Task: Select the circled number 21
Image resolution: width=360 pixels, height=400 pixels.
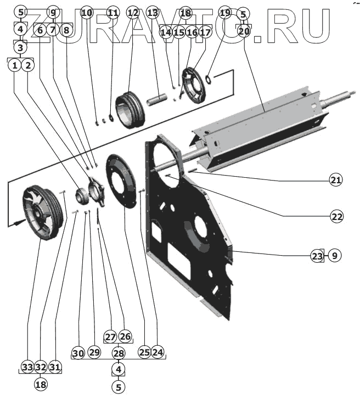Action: click(x=336, y=180)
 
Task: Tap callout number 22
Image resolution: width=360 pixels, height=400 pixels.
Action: click(x=336, y=216)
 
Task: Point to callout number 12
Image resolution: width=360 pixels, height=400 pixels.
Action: click(x=133, y=12)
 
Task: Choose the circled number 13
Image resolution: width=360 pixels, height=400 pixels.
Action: click(x=153, y=12)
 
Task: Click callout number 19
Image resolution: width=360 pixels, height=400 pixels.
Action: click(x=224, y=12)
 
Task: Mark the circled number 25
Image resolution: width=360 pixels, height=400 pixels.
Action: click(x=144, y=351)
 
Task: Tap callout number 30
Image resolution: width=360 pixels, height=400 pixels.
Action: click(x=78, y=353)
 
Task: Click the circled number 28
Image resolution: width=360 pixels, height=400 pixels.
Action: click(x=119, y=352)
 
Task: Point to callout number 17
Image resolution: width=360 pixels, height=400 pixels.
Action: click(x=205, y=33)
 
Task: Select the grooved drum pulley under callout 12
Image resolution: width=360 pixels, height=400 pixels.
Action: click(x=131, y=109)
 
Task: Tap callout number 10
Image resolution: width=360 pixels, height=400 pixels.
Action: click(x=87, y=12)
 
